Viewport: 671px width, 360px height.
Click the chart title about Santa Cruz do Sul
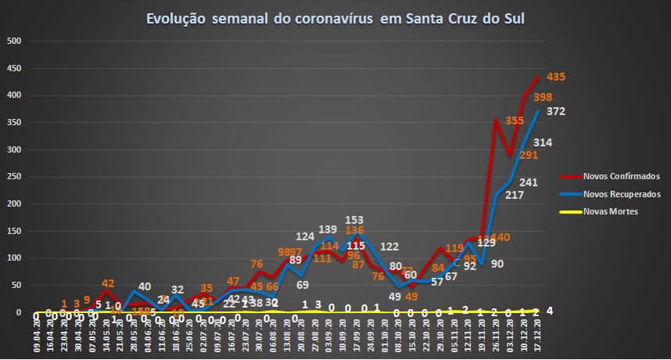pos(335,19)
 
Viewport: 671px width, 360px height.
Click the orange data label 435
pos(556,77)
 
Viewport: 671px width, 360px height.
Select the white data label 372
pos(556,111)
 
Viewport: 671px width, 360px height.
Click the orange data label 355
pos(515,121)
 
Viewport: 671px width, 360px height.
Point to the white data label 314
pos(543,142)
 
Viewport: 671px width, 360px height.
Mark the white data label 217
pos(515,194)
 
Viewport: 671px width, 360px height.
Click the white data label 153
pos(355,219)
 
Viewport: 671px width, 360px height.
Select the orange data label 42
pos(108,283)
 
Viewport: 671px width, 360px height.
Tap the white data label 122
pos(390,247)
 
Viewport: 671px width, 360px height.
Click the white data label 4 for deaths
pos(551,311)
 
